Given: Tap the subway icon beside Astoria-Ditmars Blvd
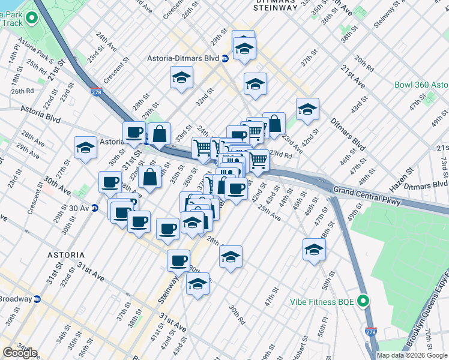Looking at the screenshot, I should click(224, 58).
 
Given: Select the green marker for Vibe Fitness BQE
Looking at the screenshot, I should click(363, 301).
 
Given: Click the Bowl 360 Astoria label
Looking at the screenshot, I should click(421, 85).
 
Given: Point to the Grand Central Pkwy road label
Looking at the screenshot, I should click(366, 191).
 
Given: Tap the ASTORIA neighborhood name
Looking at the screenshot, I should click(66, 255).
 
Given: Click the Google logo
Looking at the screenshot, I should click(19, 353).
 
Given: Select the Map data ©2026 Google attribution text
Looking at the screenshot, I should click(412, 355).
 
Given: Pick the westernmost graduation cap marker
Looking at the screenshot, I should click(86, 149).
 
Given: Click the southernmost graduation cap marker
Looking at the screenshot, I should click(197, 284).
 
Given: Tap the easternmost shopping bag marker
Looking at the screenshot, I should click(274, 124).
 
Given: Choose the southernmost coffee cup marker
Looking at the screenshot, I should click(178, 261).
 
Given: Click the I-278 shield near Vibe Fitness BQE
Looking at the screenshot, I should click(370, 331).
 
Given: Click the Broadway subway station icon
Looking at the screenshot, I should click(37, 299).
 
